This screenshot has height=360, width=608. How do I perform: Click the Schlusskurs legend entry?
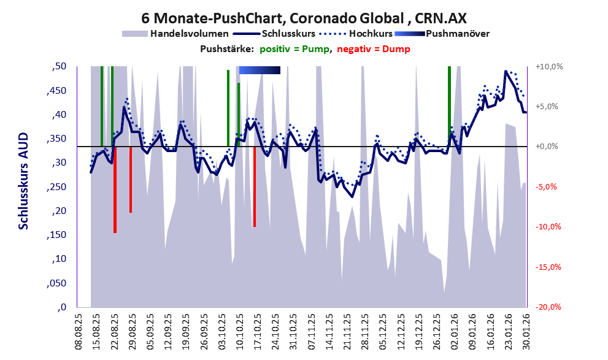[x=295, y=33]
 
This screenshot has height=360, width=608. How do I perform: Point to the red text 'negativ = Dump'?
[x=374, y=49]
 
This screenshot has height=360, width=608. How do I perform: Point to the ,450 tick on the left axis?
[x=59, y=91]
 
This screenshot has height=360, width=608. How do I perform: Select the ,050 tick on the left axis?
[x=59, y=283]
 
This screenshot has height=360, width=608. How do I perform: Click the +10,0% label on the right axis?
[x=549, y=66]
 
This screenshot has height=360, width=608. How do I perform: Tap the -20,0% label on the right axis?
[x=549, y=307]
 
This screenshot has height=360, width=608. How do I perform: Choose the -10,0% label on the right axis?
[x=549, y=227]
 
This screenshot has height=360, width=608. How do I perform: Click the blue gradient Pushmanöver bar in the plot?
[x=260, y=71]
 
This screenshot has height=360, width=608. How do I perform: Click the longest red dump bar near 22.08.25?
[x=115, y=190]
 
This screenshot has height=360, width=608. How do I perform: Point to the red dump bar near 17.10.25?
[x=255, y=187]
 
